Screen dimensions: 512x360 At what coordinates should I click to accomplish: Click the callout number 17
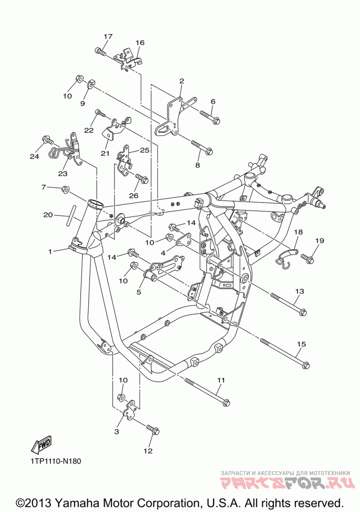pyautogui.click(x=108, y=36)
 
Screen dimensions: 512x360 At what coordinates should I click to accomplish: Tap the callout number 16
pyautogui.click(x=140, y=43)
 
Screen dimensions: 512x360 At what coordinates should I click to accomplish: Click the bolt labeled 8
pyautogui.click(x=201, y=148)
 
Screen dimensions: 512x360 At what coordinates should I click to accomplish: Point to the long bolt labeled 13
pyautogui.click(x=288, y=303)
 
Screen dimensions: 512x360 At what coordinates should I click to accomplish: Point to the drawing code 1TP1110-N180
pyautogui.click(x=56, y=462)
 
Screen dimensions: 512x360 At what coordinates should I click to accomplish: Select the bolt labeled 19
pyautogui.click(x=308, y=258)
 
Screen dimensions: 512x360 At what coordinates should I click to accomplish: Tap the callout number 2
pyautogui.click(x=181, y=81)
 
